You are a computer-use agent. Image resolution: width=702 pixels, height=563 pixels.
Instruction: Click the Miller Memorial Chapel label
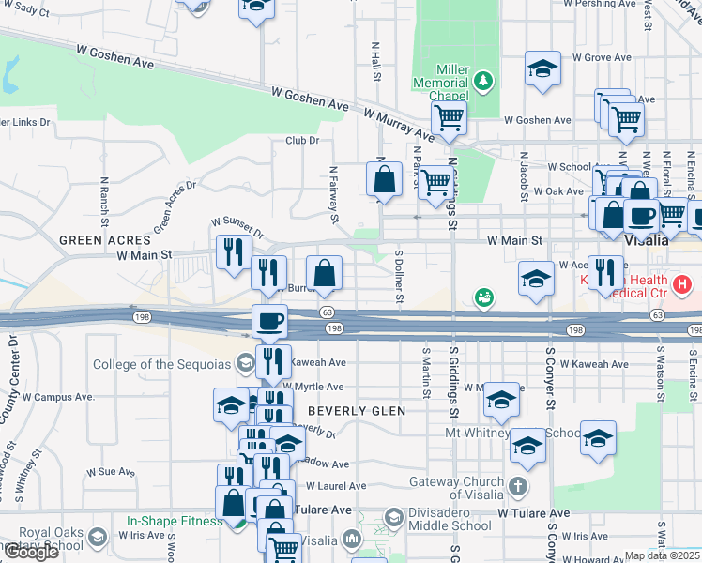441,83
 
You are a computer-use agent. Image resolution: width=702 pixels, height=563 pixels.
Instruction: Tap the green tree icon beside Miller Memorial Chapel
483,82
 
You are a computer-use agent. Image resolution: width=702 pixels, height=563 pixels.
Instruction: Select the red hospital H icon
682,281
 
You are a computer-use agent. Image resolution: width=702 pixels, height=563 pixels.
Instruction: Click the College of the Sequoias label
164,364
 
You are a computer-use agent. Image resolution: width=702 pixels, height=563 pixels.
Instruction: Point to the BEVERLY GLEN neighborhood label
357,411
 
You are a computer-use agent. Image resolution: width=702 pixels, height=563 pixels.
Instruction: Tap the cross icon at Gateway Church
519,488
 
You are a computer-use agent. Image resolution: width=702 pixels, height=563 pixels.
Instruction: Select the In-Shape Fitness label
176,520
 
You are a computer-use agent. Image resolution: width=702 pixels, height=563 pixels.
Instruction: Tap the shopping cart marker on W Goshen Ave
449,118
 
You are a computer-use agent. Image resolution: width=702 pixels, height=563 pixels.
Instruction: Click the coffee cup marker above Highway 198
269,321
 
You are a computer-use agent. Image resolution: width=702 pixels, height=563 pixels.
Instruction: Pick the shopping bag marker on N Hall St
384,177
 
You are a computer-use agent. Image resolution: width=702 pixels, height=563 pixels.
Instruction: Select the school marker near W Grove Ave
542,68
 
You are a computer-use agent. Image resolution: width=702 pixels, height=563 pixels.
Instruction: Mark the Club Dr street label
303,141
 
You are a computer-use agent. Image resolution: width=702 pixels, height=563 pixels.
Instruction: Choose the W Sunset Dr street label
237,226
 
